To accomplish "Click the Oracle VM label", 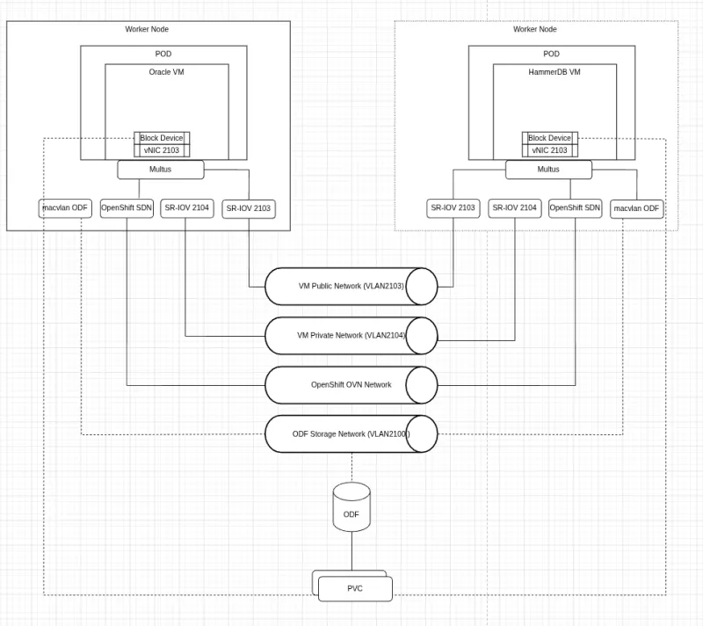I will click(x=167, y=72).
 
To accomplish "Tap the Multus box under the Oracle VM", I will click(x=161, y=169).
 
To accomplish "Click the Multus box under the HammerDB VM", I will click(x=548, y=169).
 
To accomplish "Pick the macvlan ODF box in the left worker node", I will click(x=66, y=208).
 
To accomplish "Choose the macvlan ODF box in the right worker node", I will click(x=637, y=208).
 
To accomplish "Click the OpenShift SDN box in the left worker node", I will click(x=127, y=208).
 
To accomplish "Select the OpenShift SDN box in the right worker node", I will click(x=576, y=208).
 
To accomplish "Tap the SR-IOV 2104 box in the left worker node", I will click(x=187, y=208).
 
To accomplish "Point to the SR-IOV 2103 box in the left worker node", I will click(x=249, y=208).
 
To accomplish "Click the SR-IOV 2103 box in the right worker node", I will click(x=453, y=208).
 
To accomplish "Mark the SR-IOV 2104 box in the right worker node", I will click(x=515, y=208).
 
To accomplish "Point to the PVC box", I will click(x=354, y=588).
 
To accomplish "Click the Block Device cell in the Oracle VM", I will click(x=162, y=138).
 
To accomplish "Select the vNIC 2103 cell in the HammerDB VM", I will click(x=550, y=150).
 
